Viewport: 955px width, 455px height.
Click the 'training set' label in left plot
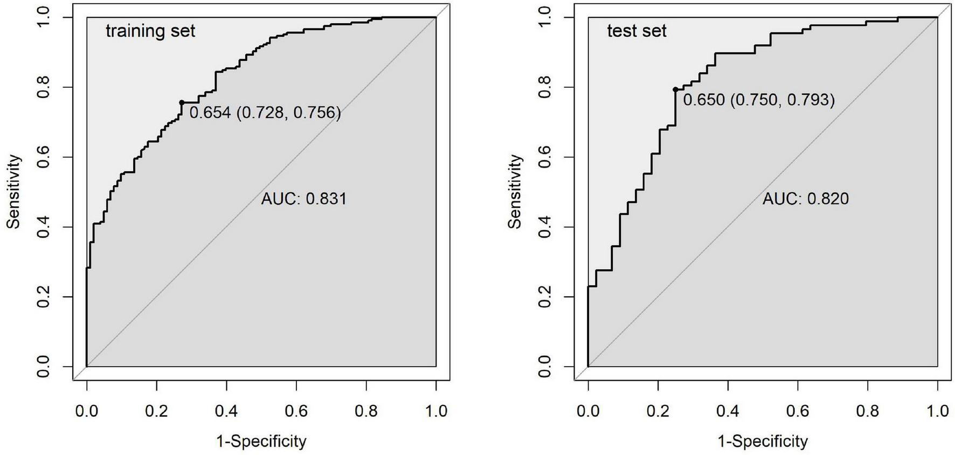click(150, 31)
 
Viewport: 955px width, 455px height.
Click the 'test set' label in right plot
click(636, 31)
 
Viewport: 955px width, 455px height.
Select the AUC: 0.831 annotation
click(303, 199)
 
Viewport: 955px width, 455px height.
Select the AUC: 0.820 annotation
click(805, 199)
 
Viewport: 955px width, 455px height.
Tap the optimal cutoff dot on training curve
click(182, 102)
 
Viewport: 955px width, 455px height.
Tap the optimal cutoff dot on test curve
click(675, 89)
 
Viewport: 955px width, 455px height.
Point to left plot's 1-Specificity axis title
click(261, 442)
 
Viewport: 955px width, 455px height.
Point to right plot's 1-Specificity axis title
click(763, 442)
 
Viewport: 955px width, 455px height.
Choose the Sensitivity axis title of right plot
click(515, 192)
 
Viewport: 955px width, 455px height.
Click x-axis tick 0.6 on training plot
click(296, 411)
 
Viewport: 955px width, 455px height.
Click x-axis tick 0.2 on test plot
click(658, 411)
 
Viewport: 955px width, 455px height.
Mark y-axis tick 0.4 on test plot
click(545, 227)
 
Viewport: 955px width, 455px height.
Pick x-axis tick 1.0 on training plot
click(436, 411)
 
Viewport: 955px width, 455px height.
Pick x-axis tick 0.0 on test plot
click(588, 411)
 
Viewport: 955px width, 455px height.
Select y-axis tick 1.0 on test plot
click(545, 17)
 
